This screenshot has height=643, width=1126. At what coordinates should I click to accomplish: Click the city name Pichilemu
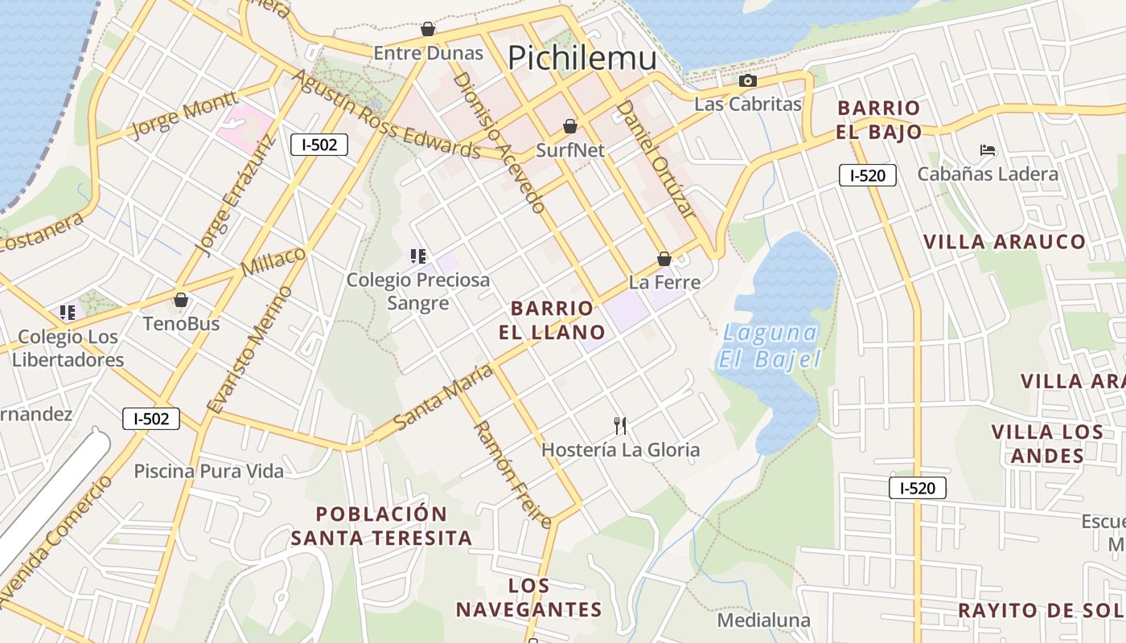582,58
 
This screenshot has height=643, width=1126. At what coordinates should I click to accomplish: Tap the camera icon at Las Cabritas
748,80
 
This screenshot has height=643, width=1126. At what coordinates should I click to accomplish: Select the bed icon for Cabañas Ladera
988,150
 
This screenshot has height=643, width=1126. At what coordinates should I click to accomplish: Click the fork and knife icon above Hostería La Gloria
619,425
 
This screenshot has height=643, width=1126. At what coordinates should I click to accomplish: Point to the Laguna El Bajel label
769,346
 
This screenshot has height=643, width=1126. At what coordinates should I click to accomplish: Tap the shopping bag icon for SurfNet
570,126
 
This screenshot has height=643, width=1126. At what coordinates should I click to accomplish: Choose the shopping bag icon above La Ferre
664,259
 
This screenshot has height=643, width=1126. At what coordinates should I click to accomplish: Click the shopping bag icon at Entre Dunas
428,30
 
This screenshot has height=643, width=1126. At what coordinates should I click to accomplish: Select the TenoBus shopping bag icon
181,300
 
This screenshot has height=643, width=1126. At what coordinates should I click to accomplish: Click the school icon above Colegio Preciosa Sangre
417,256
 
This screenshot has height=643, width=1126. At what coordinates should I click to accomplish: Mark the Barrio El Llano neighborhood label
557,320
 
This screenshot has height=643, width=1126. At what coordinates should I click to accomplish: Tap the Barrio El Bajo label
878,120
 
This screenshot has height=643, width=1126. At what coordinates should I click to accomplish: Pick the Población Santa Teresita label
381,526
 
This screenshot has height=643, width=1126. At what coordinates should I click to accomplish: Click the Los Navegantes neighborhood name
529,597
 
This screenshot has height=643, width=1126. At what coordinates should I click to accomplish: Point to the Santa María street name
443,397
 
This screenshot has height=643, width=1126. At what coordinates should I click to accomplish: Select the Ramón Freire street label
512,474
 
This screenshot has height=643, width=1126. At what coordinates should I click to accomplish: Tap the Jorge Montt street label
183,115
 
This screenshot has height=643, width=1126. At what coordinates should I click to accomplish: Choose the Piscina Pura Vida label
208,471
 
